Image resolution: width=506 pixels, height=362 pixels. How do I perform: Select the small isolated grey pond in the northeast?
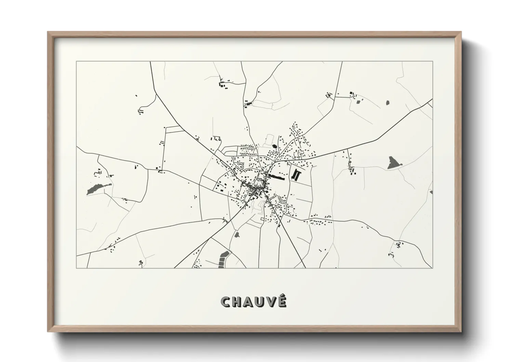point(387,102)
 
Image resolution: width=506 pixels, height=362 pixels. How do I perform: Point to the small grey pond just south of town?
point(237,235)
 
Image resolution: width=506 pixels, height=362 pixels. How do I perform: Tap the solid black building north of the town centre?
point(274,147)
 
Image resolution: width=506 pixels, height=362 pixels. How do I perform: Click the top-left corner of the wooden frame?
point(48,32)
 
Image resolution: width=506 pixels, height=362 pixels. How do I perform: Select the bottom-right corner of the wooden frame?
point(461,332)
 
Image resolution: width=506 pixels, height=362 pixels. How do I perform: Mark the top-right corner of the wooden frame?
point(461,32)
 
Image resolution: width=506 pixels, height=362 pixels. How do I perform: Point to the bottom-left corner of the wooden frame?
point(48,332)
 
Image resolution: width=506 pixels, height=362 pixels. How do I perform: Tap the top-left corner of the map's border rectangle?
point(77,62)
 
